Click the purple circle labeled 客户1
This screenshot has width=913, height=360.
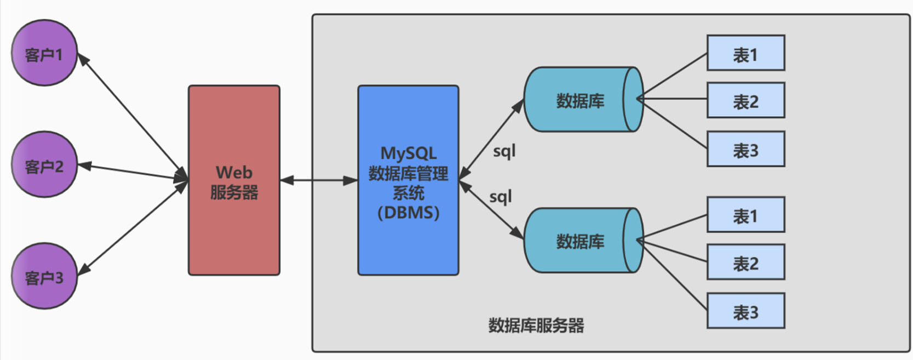click(44, 53)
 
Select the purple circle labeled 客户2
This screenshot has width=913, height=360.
click(44, 164)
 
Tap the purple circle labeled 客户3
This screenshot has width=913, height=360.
click(44, 276)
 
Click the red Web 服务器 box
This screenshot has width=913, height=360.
click(234, 181)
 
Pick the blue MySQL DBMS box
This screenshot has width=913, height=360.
click(408, 181)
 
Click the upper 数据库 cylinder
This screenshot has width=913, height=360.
click(581, 100)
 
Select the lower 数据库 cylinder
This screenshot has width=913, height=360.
click(581, 241)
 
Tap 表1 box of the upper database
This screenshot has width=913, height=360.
click(745, 53)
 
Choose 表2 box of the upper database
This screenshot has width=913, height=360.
click(745, 101)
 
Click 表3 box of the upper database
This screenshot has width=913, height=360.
click(745, 149)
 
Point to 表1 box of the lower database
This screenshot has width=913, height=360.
click(745, 215)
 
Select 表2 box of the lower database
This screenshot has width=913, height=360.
click(745, 262)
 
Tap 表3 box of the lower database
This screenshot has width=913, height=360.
click(745, 311)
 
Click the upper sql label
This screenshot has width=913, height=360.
click(504, 151)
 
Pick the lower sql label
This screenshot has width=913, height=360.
click(500, 197)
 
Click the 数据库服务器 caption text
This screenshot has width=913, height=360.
click(536, 326)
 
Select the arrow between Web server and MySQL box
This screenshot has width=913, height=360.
click(319, 180)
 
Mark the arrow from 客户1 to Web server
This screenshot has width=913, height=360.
click(131, 116)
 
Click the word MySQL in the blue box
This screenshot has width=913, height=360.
click(408, 153)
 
